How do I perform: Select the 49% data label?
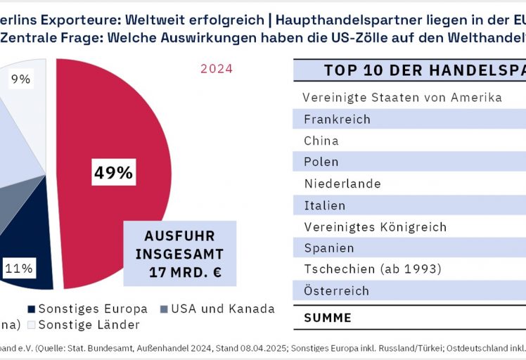113,172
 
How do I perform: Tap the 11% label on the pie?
19,268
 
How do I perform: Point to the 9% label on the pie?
20,79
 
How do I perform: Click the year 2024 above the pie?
217,69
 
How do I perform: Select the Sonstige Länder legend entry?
89,324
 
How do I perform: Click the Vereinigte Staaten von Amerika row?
402,97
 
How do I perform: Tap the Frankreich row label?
337,119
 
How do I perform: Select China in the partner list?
321,141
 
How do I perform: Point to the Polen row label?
321,162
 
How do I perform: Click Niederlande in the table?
342,184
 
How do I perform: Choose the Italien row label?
325,205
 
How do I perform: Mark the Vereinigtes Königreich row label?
375,227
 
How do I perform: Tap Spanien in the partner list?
329,248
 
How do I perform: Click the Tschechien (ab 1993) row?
372,269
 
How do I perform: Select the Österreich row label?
336,291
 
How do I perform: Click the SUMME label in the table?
327,318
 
